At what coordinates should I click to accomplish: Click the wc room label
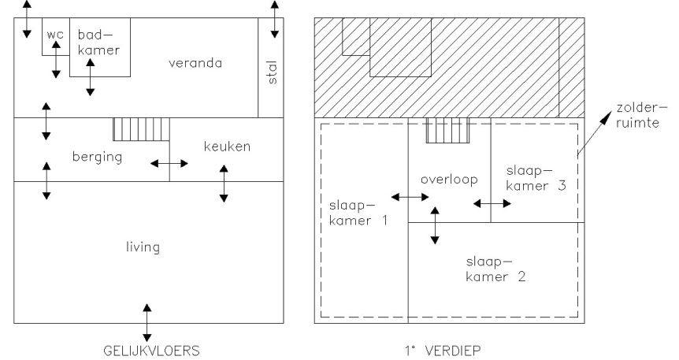click(x=55, y=35)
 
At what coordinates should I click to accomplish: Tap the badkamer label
click(x=98, y=42)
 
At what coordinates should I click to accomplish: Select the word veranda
click(x=195, y=63)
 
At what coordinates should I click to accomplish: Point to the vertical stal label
click(x=273, y=72)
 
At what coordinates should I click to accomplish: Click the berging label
click(x=97, y=157)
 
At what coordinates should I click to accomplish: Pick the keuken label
click(x=227, y=147)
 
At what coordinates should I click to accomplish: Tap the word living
click(x=143, y=247)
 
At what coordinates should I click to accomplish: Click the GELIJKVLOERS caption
click(x=151, y=351)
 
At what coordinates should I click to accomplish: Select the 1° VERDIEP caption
click(x=443, y=351)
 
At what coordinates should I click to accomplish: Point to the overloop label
click(x=449, y=180)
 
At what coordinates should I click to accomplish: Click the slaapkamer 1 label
click(x=358, y=213)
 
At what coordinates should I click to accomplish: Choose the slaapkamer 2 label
click(x=495, y=269)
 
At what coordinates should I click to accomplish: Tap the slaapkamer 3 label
click(x=536, y=178)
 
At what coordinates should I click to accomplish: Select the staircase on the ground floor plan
click(x=141, y=129)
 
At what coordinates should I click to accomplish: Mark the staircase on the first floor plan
click(x=447, y=131)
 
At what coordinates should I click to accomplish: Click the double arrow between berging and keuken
click(x=169, y=163)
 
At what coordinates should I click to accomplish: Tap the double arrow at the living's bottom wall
click(x=147, y=323)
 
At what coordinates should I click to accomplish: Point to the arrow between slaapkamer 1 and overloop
click(x=410, y=197)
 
